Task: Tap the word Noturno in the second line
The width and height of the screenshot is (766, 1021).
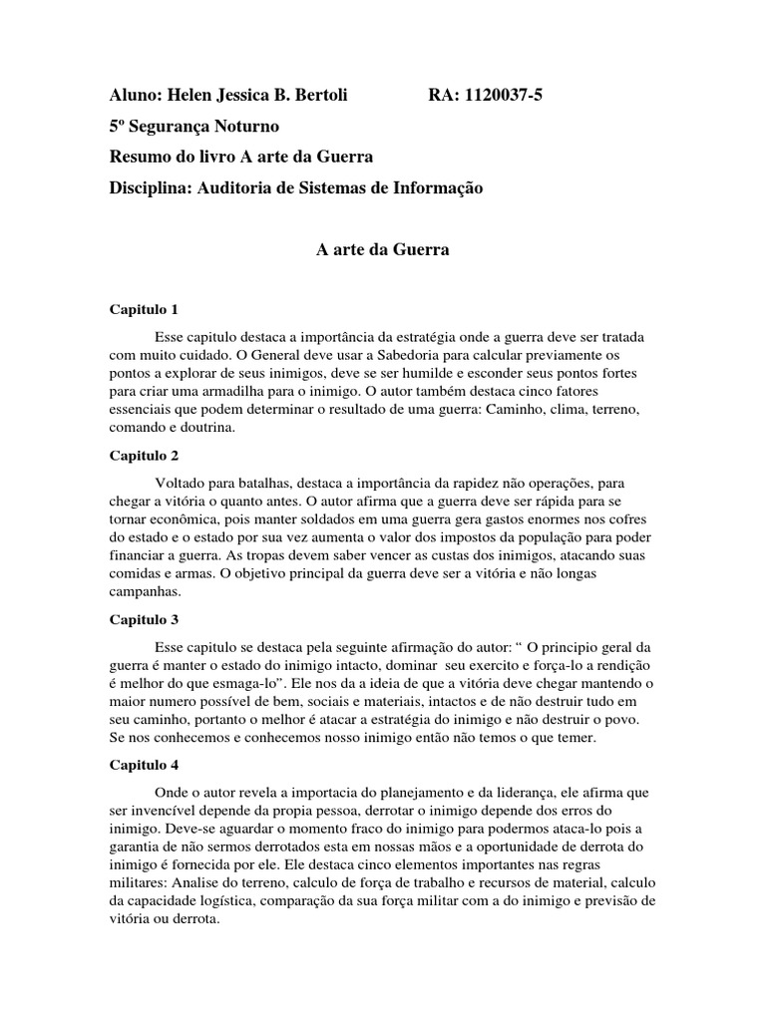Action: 246,127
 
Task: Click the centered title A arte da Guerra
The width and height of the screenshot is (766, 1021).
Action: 383,251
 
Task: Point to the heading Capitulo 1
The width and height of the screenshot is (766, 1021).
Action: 144,310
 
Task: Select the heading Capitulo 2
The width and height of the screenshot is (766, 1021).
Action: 144,456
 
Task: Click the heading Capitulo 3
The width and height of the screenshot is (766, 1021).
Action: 144,619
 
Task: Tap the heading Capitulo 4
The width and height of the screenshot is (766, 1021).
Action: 144,765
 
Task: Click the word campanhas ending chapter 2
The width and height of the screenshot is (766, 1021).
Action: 145,591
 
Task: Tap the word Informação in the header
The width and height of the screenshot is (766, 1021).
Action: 441,188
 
